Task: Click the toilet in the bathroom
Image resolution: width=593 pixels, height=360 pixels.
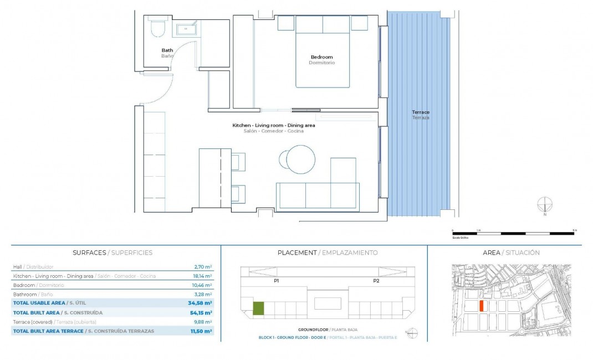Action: [158, 28]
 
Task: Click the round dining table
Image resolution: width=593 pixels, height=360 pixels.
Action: [301, 160]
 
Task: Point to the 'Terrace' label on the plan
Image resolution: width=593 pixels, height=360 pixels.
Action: [421, 112]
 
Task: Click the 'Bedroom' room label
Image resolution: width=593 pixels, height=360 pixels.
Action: [321, 57]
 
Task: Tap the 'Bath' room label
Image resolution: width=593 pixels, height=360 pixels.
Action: [167, 50]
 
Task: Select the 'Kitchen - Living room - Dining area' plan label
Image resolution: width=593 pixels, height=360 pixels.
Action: [273, 126]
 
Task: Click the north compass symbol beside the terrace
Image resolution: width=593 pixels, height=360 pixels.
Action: [545, 205]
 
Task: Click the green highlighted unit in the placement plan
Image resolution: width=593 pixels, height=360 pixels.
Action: [258, 308]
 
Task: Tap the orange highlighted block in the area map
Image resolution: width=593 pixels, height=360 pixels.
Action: [481, 306]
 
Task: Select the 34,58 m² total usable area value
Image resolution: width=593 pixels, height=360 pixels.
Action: [200, 304]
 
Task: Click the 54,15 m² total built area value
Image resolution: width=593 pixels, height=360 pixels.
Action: [200, 313]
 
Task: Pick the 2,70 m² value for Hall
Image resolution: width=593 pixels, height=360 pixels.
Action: [203, 267]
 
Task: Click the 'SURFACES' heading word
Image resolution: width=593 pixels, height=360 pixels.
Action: [89, 253]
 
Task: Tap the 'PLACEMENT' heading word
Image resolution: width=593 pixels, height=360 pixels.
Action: [296, 253]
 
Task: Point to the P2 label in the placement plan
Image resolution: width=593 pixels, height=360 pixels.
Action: [376, 281]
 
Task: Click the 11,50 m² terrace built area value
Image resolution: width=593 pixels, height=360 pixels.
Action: [201, 331]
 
